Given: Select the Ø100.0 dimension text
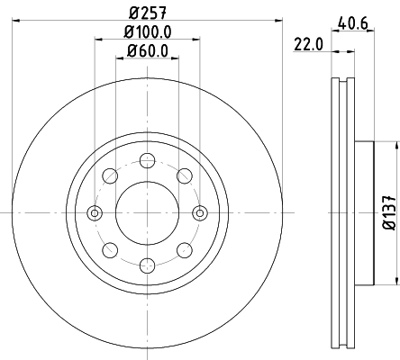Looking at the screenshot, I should coord(146,32).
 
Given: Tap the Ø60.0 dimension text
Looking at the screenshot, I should coord(147,50).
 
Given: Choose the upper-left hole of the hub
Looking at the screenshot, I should coord(109,175).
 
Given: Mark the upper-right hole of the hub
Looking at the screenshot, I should coord(184,175).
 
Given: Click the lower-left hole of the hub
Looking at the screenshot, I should coord(109,249).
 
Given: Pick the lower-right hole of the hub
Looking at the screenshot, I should coord(184,249).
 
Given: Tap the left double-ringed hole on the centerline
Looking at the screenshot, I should coord(94,212).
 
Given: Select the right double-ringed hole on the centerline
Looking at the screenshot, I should coord(199,212).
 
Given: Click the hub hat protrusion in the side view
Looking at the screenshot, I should coord(364,212).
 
